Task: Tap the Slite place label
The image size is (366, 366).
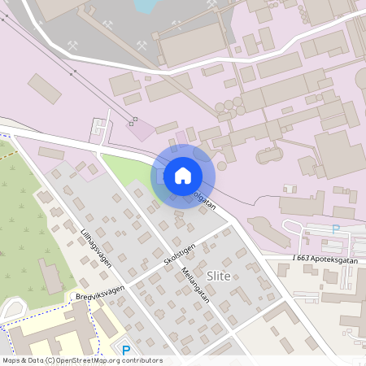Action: [x=220, y=276]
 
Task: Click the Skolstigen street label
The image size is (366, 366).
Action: [x=178, y=256]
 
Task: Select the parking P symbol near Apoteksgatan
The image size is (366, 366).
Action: [x=335, y=229]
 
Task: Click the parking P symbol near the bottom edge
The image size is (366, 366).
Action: [x=125, y=351]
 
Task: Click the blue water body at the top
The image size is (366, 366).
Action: [x=146, y=6]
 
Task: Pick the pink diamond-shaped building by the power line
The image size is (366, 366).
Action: [x=143, y=130]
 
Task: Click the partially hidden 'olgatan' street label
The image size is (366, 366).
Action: [x=203, y=200]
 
